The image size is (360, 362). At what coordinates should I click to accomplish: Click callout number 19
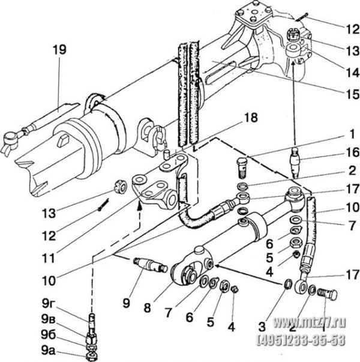(x=59, y=50)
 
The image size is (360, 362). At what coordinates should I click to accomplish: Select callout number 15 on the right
(x=352, y=94)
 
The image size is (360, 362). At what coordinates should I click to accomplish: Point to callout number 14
(x=352, y=73)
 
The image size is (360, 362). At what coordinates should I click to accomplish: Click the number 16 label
(x=352, y=152)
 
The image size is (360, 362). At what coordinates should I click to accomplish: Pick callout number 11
(x=49, y=258)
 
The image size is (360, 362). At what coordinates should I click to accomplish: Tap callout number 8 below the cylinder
(x=147, y=307)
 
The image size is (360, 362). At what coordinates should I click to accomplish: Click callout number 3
(x=262, y=327)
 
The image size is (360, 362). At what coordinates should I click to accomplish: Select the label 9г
(x=48, y=304)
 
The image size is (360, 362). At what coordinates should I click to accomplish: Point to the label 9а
(x=49, y=351)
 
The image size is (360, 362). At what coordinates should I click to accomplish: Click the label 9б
(x=49, y=335)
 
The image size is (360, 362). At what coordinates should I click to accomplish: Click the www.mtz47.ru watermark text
(x=309, y=323)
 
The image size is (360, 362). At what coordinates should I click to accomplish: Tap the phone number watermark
(x=301, y=340)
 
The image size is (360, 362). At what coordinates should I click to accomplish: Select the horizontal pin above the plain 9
(x=151, y=265)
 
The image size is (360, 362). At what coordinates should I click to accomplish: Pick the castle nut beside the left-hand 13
(x=121, y=187)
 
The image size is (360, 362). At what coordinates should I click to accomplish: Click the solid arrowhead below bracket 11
(x=139, y=205)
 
